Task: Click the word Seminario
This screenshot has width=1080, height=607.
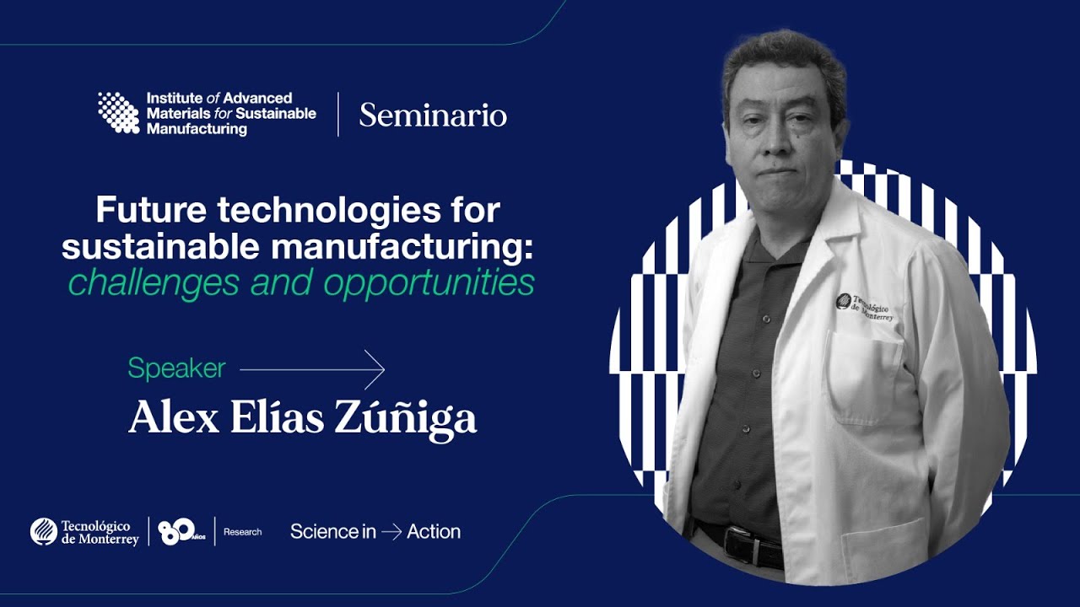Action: pyautogui.click(x=433, y=115)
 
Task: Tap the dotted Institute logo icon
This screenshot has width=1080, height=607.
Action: pyautogui.click(x=119, y=113)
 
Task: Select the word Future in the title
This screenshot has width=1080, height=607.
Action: pyautogui.click(x=151, y=210)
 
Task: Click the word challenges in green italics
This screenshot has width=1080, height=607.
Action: pyautogui.click(x=154, y=283)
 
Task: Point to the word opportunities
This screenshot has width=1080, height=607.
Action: pyautogui.click(x=429, y=283)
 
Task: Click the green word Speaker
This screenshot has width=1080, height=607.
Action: pyautogui.click(x=176, y=368)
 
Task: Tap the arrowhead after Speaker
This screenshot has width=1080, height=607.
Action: pyautogui.click(x=375, y=369)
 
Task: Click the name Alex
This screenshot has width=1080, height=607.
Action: pyautogui.click(x=174, y=417)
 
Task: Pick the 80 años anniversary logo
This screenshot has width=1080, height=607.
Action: pyautogui.click(x=181, y=532)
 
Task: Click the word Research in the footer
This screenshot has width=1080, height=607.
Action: pyautogui.click(x=242, y=532)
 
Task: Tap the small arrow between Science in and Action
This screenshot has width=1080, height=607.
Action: pyautogui.click(x=391, y=532)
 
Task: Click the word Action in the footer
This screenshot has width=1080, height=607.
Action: pyautogui.click(x=434, y=532)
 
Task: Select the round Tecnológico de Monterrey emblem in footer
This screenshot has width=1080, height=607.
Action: pyautogui.click(x=44, y=532)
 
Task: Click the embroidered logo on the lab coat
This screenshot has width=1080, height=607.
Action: pyautogui.click(x=865, y=307)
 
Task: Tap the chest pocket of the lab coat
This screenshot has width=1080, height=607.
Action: pyautogui.click(x=864, y=379)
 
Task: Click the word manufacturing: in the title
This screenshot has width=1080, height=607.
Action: pyautogui.click(x=403, y=247)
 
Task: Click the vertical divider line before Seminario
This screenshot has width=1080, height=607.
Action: pyautogui.click(x=338, y=114)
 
